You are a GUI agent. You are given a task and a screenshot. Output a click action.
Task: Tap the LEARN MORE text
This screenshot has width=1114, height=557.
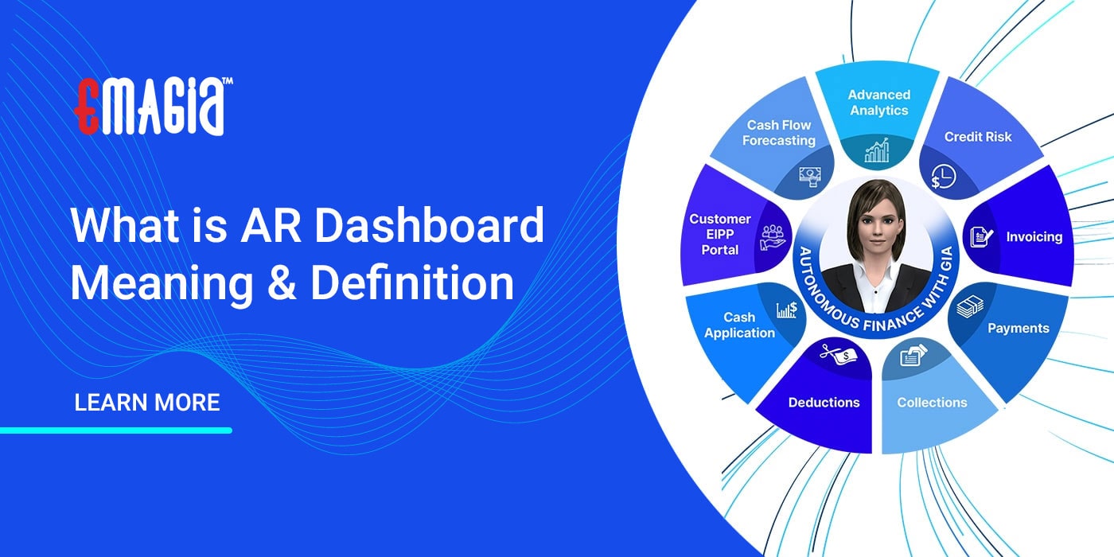(x=147, y=403)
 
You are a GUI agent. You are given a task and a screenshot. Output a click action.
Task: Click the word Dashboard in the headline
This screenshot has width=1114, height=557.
(x=430, y=226)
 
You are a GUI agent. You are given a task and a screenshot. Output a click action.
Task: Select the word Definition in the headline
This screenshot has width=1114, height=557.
(x=412, y=283)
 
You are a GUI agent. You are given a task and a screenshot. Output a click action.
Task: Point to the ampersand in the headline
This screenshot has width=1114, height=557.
(x=281, y=284)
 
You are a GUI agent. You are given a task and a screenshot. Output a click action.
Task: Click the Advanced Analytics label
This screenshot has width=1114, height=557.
(x=878, y=103)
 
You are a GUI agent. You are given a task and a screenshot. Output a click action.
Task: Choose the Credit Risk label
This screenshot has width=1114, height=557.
(x=978, y=137)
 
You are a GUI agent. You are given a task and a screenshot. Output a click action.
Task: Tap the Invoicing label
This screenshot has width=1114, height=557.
(x=1034, y=237)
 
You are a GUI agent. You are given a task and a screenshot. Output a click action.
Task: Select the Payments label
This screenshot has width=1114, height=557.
(x=1019, y=328)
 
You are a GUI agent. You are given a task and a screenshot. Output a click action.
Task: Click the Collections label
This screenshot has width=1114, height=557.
(x=932, y=403)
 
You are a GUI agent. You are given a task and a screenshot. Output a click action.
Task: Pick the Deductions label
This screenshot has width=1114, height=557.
(x=824, y=403)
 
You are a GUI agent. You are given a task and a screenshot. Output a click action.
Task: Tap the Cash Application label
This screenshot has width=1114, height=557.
(x=739, y=325)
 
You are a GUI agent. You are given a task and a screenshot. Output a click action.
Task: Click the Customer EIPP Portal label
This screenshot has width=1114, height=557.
(x=720, y=234)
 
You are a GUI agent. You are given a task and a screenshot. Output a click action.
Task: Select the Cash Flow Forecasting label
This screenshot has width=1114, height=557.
(x=779, y=133)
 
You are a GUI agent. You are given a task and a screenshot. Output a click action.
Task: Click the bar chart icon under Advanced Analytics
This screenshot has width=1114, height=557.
(x=878, y=150)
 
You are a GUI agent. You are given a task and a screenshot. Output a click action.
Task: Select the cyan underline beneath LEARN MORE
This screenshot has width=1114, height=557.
(x=116, y=430)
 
